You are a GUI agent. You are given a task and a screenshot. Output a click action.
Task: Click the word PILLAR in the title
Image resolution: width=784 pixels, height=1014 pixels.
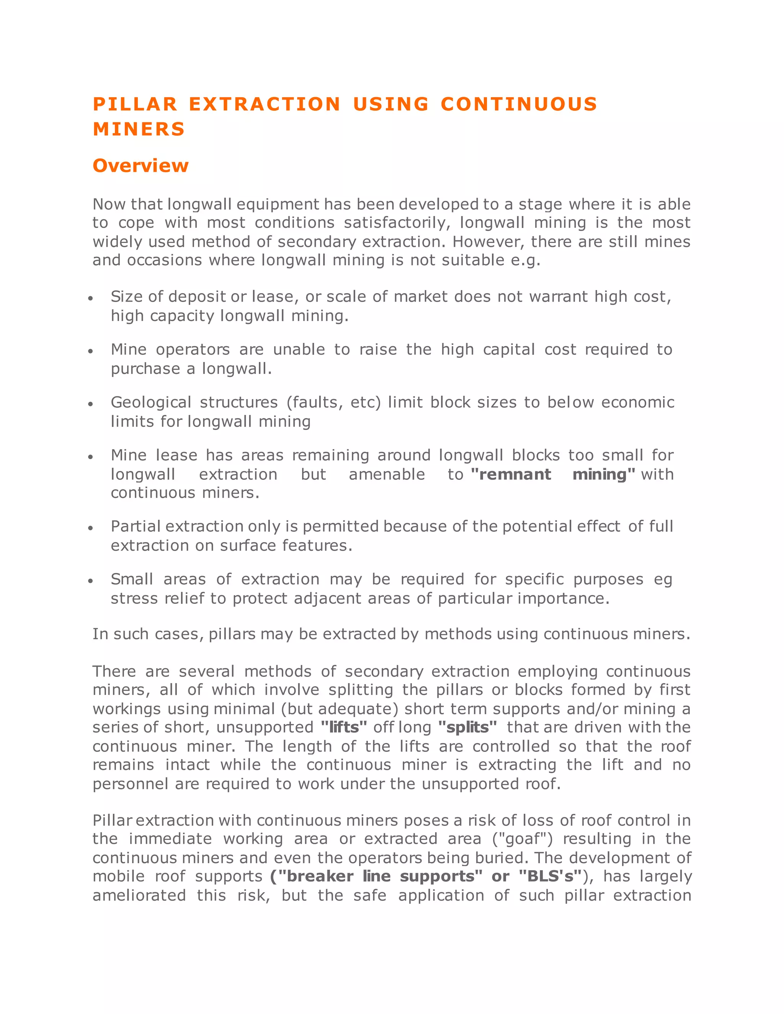(135, 104)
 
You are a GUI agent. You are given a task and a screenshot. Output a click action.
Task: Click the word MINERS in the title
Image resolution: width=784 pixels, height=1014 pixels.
(139, 129)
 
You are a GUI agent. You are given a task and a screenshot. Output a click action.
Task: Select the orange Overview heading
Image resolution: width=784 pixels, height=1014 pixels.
(140, 166)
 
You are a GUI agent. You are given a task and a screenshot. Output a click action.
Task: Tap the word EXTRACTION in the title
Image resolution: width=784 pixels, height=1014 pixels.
(265, 104)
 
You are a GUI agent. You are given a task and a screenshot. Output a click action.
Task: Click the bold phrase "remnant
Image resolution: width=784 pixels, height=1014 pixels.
(511, 474)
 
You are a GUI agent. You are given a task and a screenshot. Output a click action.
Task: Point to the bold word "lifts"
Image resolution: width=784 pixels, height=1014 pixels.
(344, 727)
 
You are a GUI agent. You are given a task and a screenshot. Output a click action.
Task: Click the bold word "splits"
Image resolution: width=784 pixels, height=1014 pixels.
(467, 727)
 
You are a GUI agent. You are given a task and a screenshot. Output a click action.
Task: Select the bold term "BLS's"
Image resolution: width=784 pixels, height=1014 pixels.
(550, 876)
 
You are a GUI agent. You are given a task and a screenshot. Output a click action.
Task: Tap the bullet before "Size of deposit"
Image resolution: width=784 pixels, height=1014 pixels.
(91, 298)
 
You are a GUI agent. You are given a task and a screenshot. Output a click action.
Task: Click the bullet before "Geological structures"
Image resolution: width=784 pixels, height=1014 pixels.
(91, 404)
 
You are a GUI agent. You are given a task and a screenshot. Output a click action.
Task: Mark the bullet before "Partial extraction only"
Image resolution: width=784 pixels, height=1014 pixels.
(91, 528)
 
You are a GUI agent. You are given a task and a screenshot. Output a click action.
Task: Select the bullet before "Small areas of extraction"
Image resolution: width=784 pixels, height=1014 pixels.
(91, 581)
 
